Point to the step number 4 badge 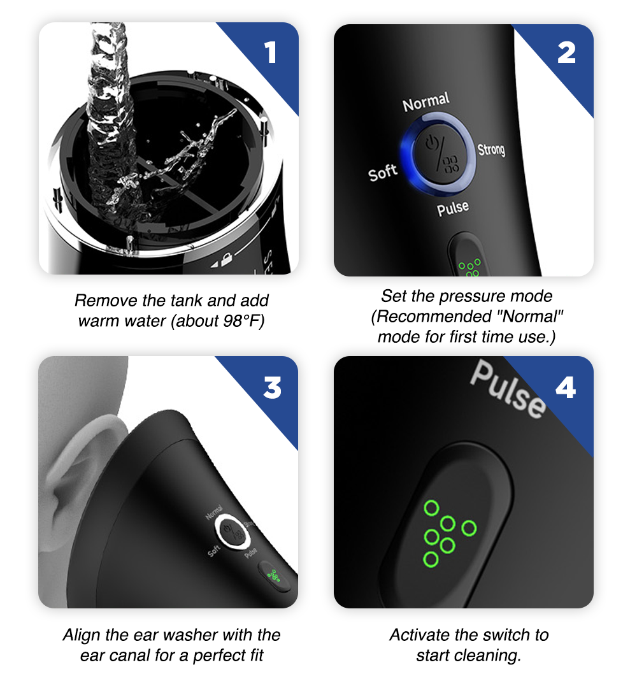[x=566, y=387]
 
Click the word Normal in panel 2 [x=426, y=103]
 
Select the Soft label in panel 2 [x=383, y=173]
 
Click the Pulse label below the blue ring [x=453, y=208]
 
